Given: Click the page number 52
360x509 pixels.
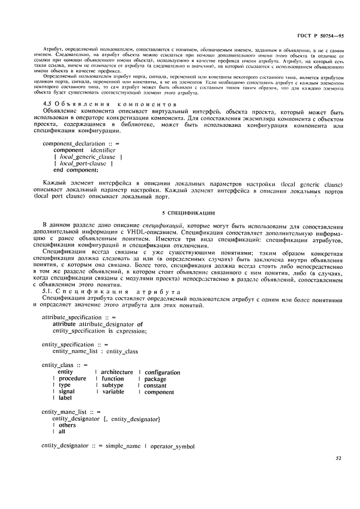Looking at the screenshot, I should [338, 458].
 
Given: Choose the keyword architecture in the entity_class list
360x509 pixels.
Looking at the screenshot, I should [117, 372].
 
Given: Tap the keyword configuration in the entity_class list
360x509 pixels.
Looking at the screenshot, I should [162, 372].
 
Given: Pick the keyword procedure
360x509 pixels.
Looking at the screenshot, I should [72, 378].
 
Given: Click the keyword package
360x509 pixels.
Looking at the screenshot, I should [155, 379].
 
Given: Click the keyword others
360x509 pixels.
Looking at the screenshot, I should [67, 425].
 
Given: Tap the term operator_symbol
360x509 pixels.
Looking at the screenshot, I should [173, 445].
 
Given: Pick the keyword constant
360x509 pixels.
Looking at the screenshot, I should [155, 385].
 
